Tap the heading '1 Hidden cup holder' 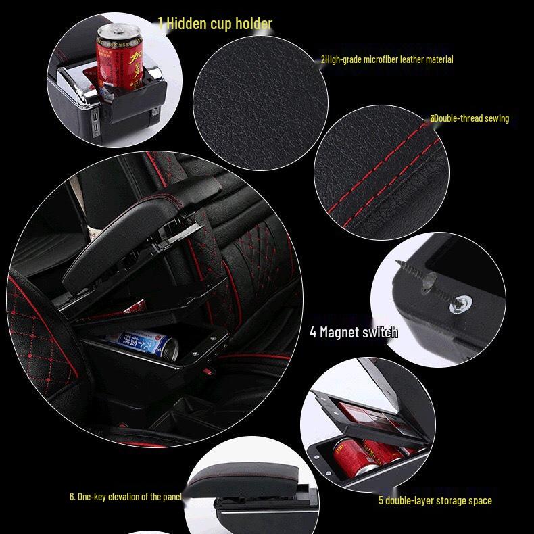click(215, 24)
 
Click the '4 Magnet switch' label click(354, 332)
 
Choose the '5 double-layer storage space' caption click(435, 500)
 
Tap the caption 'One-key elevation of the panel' click(126, 497)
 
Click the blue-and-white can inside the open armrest click(143, 343)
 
